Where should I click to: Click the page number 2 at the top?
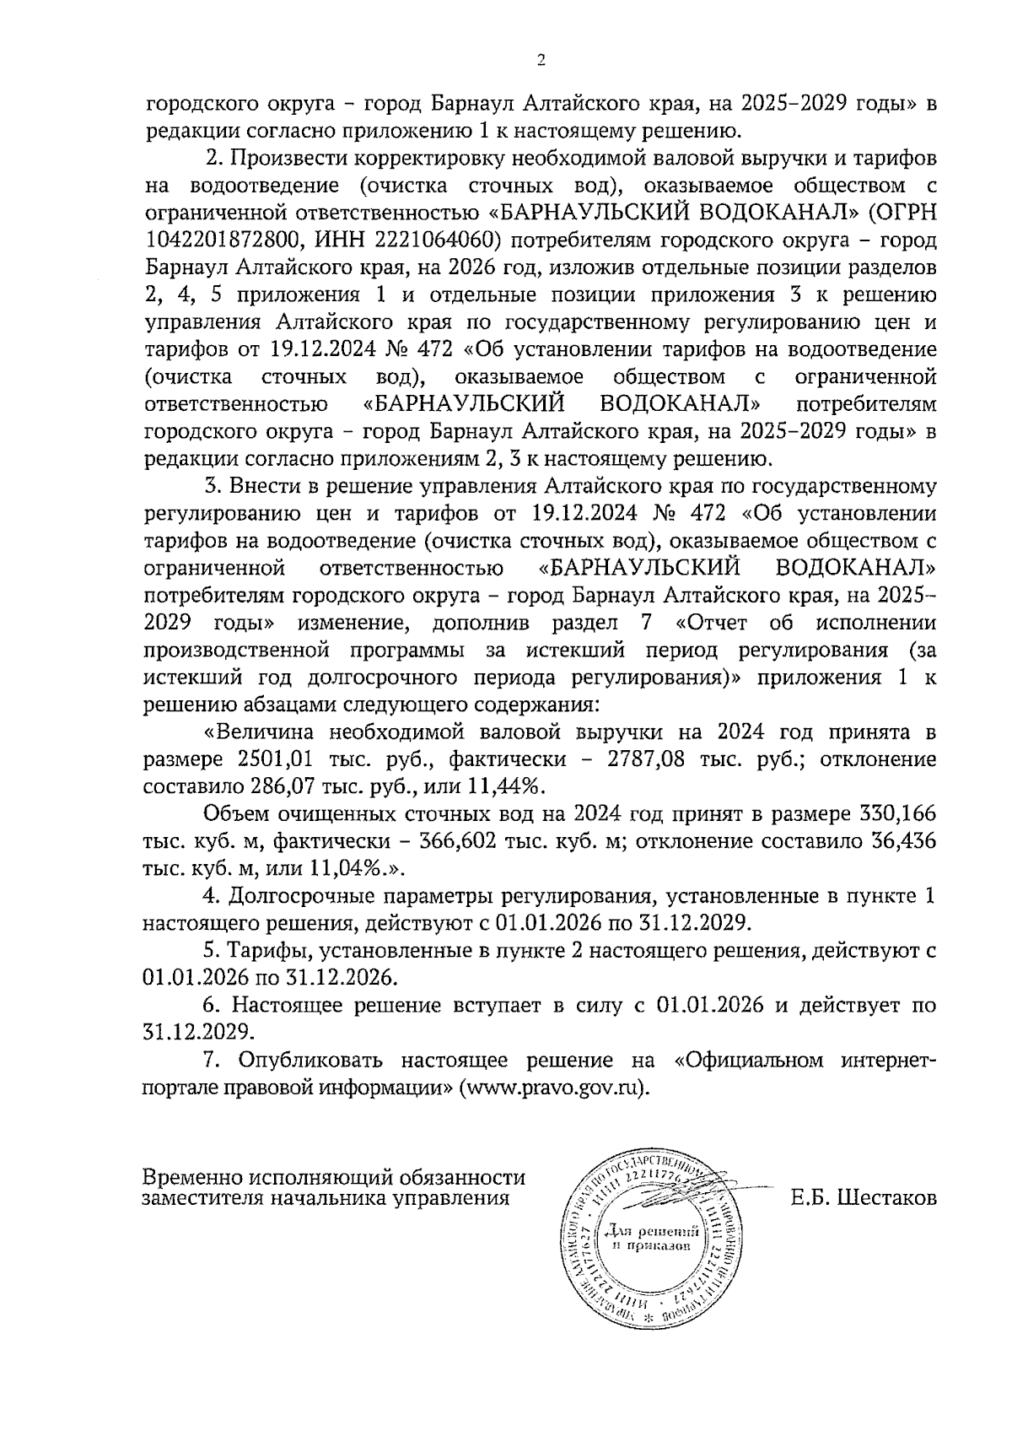pyautogui.click(x=541, y=60)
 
